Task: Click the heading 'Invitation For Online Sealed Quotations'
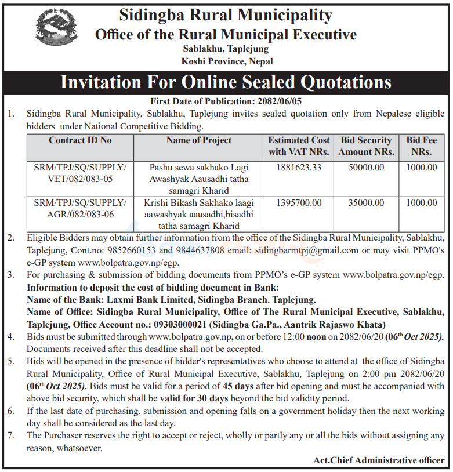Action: (x=226, y=82)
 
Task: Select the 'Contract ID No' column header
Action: (x=81, y=140)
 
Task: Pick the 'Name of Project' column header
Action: (x=199, y=140)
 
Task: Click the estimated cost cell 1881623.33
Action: (x=299, y=168)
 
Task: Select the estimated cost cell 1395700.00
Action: (x=299, y=203)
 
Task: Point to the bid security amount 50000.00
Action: (x=367, y=168)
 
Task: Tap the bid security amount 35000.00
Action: (x=367, y=203)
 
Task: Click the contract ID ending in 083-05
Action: (x=81, y=173)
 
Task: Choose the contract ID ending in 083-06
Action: (x=81, y=208)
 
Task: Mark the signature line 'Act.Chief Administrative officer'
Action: (x=379, y=460)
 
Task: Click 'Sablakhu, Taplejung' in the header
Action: (x=226, y=49)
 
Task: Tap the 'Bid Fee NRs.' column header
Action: (x=422, y=146)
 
